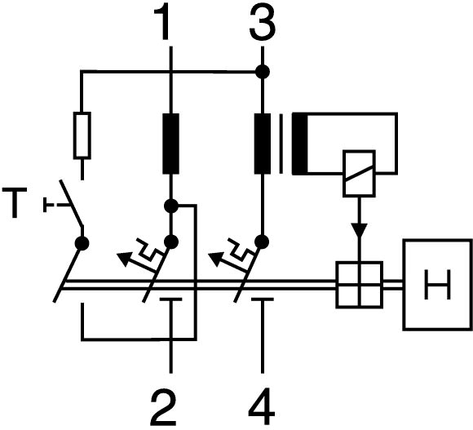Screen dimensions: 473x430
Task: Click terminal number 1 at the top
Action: pos(162,23)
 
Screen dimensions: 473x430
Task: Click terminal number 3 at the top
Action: pos(263,23)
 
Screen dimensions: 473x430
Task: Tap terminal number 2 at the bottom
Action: pos(163,407)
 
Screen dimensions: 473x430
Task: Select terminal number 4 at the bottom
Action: pos(262,407)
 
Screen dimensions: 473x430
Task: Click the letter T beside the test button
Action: pos(15,202)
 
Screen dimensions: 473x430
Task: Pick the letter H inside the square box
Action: pos(438,285)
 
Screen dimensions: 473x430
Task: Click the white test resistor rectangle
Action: pos(82,135)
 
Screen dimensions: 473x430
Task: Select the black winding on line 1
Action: pos(170,144)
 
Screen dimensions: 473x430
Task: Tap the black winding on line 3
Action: pos(263,144)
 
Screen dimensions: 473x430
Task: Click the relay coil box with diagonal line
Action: pos(359,174)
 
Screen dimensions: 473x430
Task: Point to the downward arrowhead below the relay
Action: pos(359,231)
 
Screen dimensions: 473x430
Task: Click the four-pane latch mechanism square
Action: pos(360,285)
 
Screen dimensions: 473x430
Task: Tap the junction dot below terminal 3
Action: pos(263,72)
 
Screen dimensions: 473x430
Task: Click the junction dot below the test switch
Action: pos(82,243)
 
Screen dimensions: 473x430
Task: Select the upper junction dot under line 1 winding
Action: pos(171,206)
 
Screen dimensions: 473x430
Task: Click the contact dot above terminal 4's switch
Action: pos(262,242)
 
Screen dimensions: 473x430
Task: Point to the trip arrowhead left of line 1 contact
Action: pos(124,259)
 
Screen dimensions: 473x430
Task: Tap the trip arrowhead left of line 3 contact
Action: pos(215,259)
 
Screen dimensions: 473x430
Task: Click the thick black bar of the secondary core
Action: pos(299,144)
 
